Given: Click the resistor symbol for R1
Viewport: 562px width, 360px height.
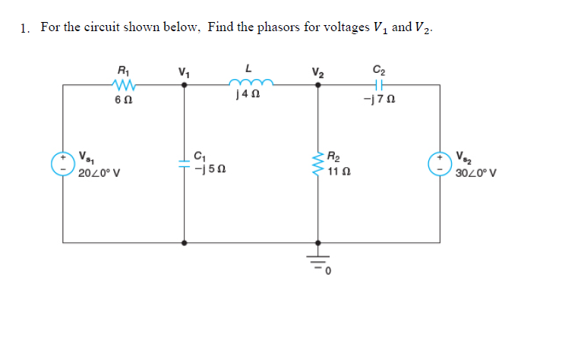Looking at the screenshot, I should [x=122, y=85].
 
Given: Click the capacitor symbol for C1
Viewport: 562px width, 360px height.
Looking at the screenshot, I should [x=185, y=163].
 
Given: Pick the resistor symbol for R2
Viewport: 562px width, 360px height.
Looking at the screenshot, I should [x=318, y=163].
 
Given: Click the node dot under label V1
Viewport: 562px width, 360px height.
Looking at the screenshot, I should [x=185, y=85].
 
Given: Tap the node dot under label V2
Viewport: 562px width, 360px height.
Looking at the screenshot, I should [x=318, y=85].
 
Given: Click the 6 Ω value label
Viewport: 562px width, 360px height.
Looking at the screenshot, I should [x=122, y=100].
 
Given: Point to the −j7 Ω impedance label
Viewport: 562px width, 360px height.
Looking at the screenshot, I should [x=379, y=100].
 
